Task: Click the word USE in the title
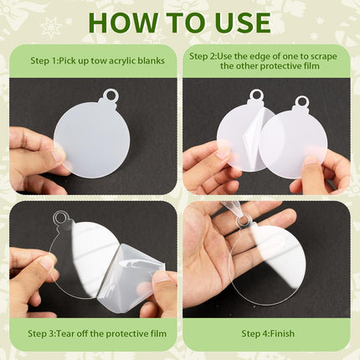point(243,23)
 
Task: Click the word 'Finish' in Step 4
point(282,333)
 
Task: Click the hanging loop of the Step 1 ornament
point(111,95)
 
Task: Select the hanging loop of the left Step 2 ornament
point(256,95)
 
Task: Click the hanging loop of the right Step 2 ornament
point(301,102)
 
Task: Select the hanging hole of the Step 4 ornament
point(241,221)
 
